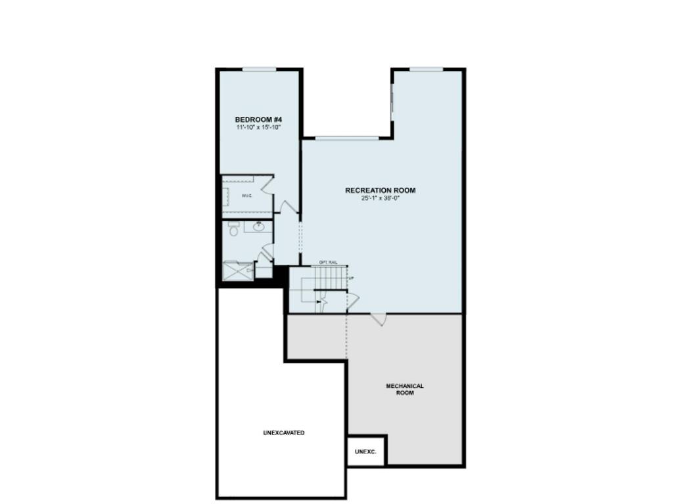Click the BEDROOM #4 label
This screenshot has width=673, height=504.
tap(258, 119)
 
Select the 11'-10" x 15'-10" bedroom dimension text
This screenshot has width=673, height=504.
tap(258, 127)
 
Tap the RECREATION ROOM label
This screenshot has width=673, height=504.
tap(380, 190)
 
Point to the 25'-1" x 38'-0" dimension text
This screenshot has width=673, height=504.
tap(380, 198)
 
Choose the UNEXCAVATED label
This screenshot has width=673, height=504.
tap(283, 433)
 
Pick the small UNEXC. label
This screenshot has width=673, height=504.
tap(365, 452)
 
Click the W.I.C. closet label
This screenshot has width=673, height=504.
tap(247, 196)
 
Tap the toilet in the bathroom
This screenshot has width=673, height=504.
tap(233, 229)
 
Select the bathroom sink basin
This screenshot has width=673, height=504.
tap(259, 227)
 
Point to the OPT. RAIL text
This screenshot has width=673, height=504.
tap(328, 262)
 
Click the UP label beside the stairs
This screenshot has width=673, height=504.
tap(351, 278)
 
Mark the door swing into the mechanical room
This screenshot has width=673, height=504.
tap(379, 319)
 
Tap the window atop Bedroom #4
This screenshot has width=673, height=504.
tap(259, 70)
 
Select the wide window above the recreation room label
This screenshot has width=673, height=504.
tap(346, 138)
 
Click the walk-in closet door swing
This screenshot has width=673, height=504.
tap(267, 184)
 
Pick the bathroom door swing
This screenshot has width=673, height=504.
tap(266, 252)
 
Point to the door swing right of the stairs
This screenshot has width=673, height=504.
tap(352, 301)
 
